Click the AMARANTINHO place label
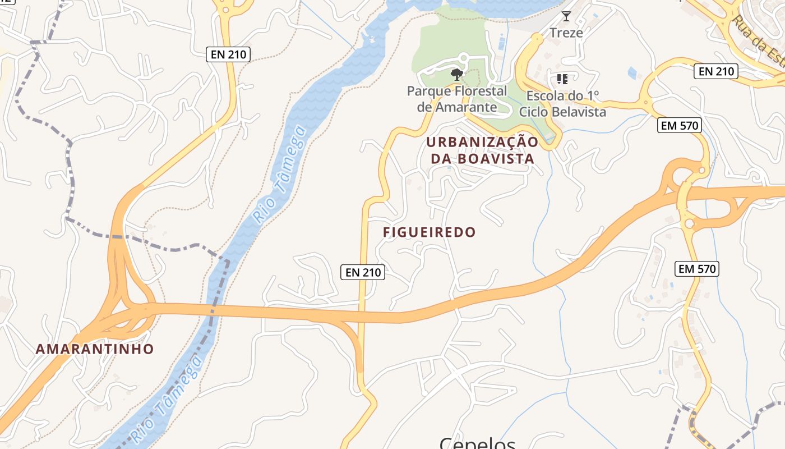point(95,349)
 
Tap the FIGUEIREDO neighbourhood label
point(429,232)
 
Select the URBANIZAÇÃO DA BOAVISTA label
point(482,150)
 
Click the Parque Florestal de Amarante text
point(457,98)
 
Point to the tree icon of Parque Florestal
point(457,74)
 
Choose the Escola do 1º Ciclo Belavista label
point(562,104)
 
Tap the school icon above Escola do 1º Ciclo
point(562,79)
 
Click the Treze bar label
point(566,33)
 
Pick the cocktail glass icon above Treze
point(566,16)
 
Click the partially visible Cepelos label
point(477,443)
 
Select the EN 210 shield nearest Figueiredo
point(363,272)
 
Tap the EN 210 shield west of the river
point(228,54)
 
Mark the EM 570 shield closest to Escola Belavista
point(680,126)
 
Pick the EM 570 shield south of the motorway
point(697,269)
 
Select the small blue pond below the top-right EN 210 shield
point(632,73)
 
